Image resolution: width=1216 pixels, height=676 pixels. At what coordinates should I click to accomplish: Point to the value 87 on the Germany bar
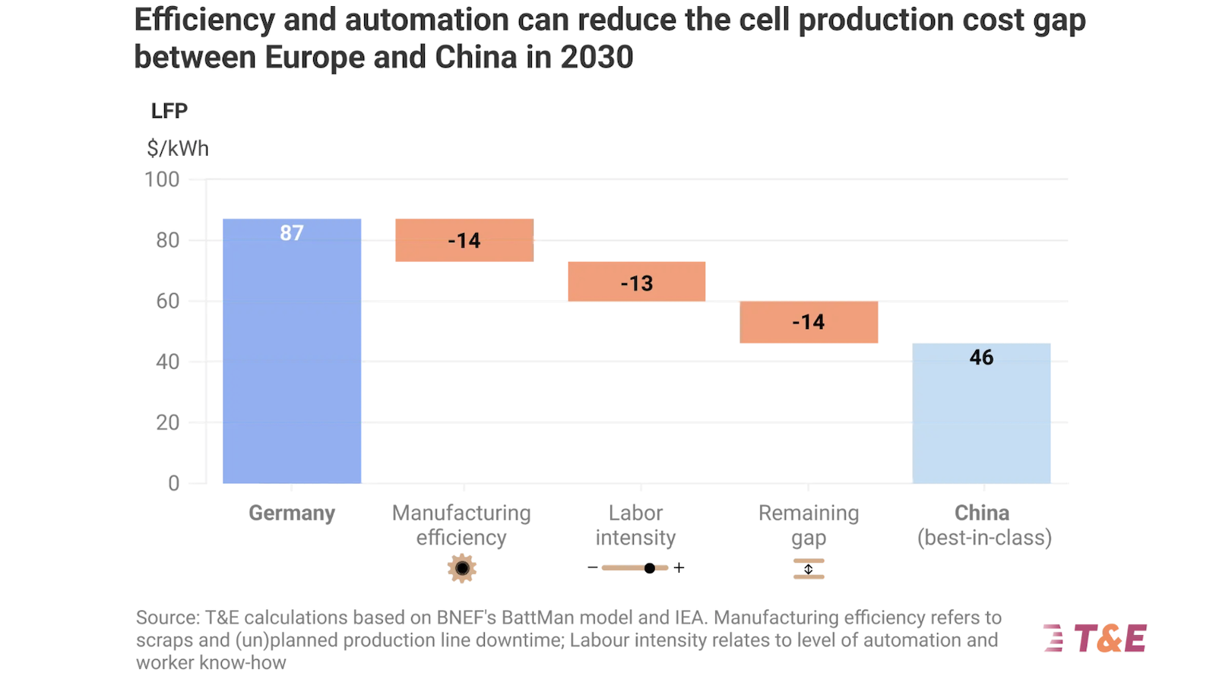[292, 233]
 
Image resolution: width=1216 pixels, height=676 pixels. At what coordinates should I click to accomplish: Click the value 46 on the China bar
[981, 358]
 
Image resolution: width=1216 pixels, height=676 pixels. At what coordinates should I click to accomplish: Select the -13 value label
[637, 283]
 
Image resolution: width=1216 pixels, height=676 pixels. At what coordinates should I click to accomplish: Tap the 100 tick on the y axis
[162, 180]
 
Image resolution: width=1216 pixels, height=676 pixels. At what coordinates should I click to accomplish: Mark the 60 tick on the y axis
[168, 301]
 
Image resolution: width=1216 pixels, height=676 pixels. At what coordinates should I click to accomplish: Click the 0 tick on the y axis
[174, 483]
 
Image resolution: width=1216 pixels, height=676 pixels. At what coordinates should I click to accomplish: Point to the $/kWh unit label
[178, 148]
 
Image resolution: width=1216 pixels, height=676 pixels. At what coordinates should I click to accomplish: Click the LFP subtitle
[169, 111]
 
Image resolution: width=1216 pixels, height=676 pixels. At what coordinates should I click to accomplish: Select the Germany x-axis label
[292, 513]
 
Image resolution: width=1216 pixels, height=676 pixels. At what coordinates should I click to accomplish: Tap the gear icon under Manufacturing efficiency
[462, 568]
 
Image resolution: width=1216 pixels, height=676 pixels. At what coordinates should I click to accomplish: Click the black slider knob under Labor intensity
[650, 568]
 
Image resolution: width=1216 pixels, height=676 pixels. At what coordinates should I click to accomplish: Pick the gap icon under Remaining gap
[809, 569]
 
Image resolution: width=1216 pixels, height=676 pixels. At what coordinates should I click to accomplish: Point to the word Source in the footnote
[166, 618]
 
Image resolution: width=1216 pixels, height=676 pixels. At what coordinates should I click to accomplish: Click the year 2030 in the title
[597, 58]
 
